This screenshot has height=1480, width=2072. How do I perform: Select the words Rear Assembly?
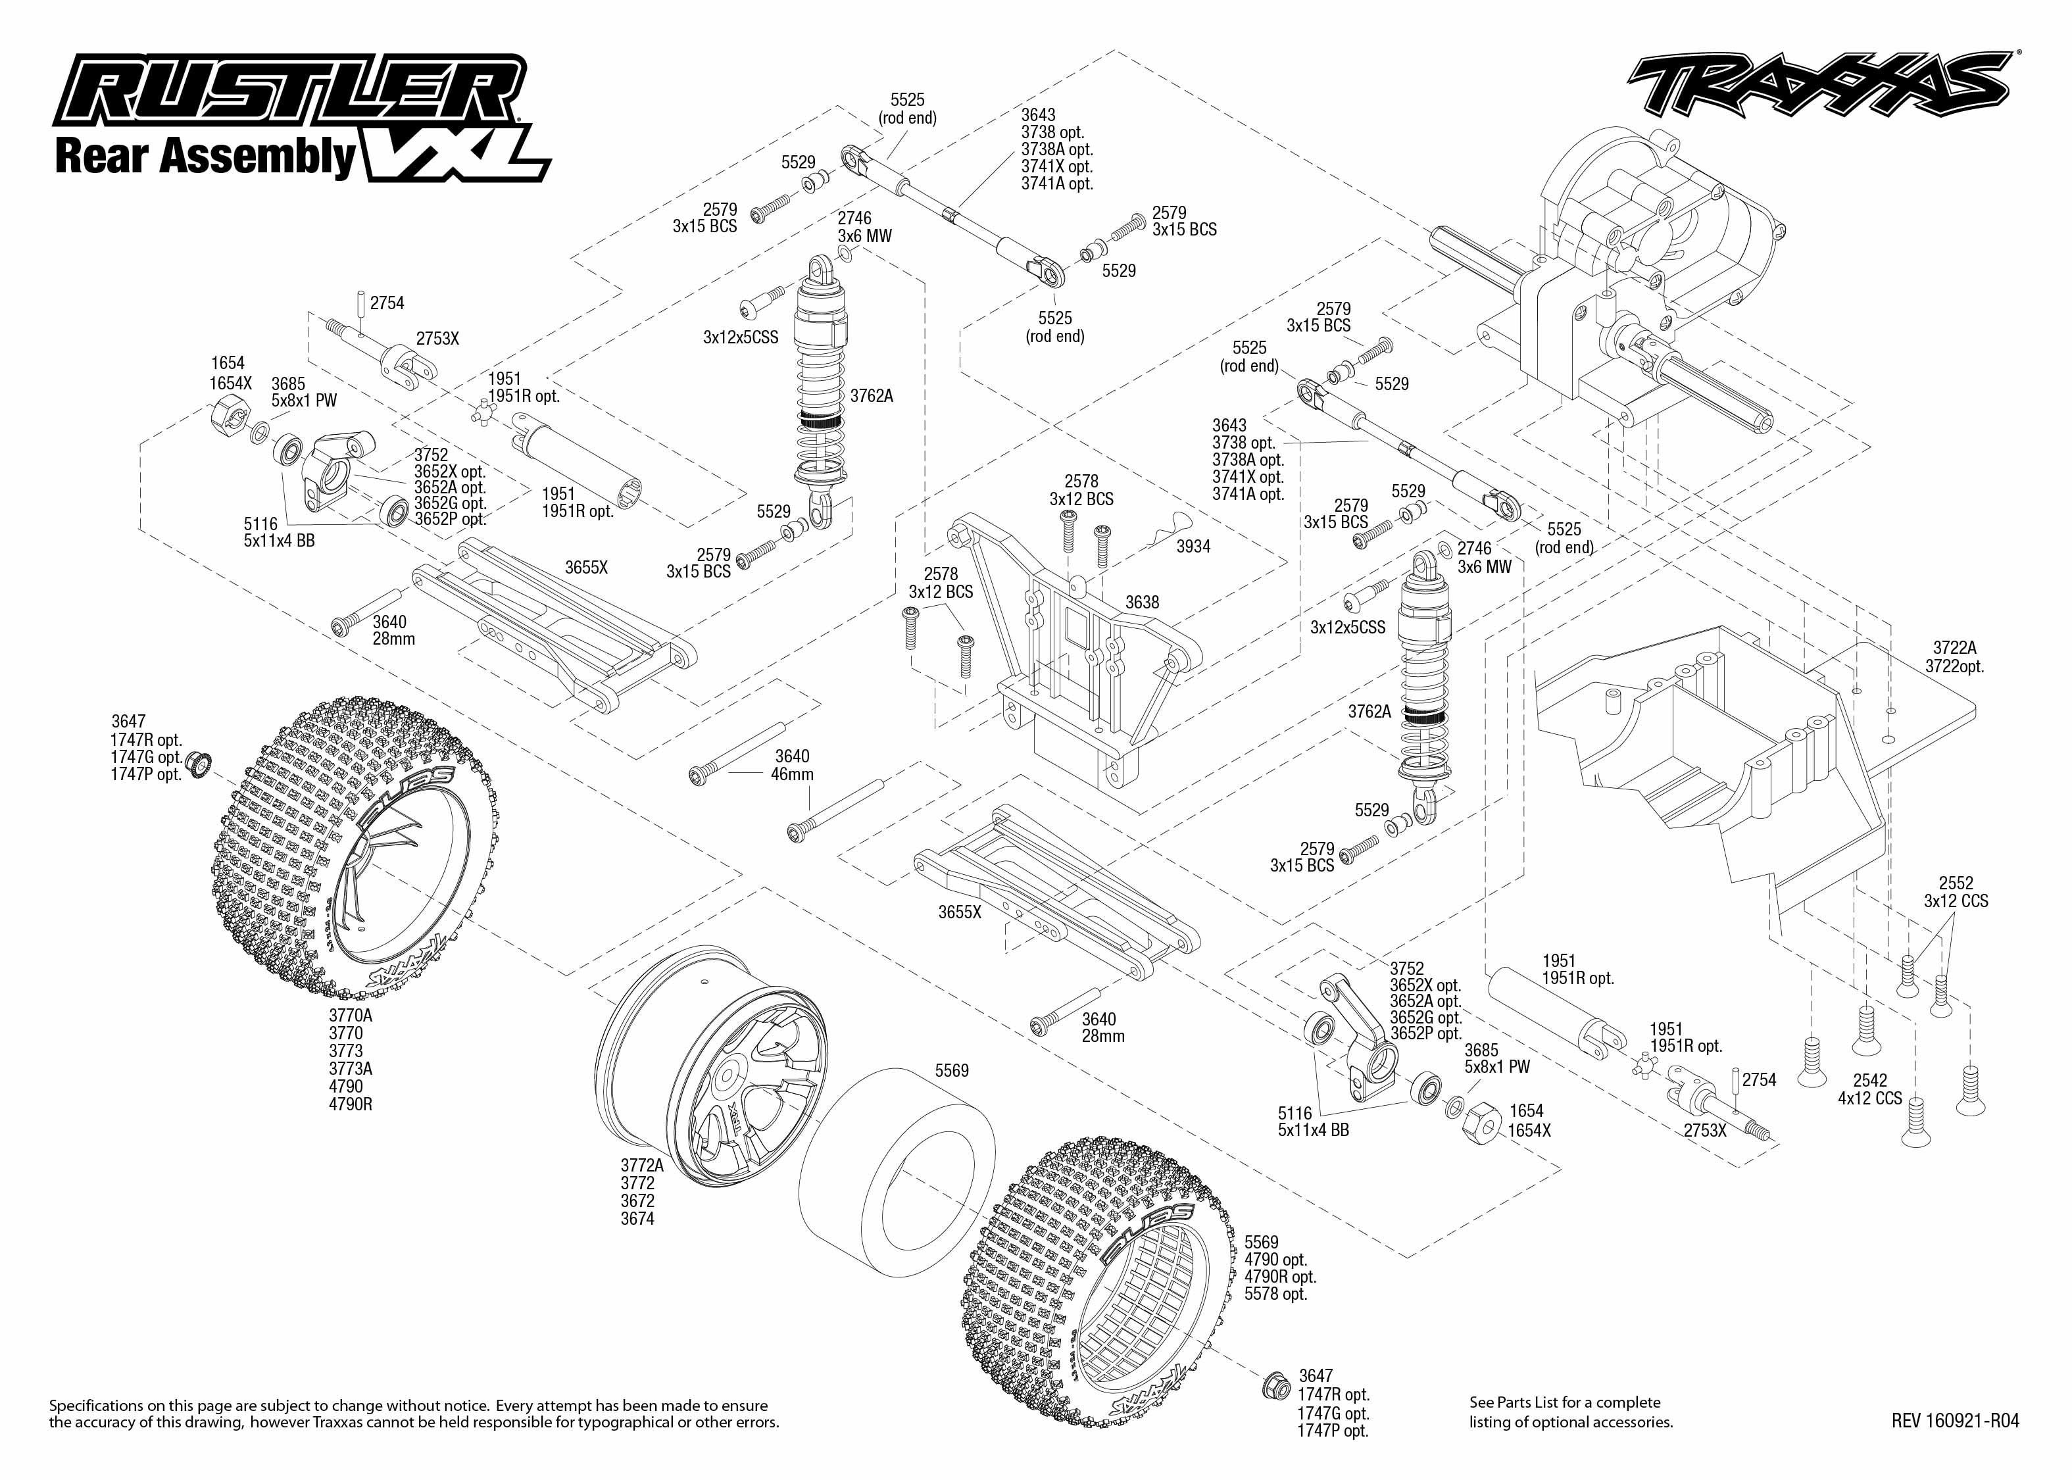(x=205, y=156)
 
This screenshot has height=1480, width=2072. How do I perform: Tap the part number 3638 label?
(x=1142, y=603)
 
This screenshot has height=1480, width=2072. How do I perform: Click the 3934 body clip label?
(x=1193, y=547)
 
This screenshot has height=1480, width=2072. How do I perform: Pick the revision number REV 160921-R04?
(x=1954, y=1421)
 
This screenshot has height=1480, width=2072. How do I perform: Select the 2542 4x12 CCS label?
(x=1869, y=1090)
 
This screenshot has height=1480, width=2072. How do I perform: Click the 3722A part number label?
(x=1954, y=648)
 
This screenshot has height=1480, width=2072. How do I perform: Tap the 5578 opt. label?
(x=1275, y=1294)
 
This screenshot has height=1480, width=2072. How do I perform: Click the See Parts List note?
(x=1564, y=1402)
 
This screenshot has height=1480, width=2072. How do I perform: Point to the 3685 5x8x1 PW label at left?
(x=303, y=392)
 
